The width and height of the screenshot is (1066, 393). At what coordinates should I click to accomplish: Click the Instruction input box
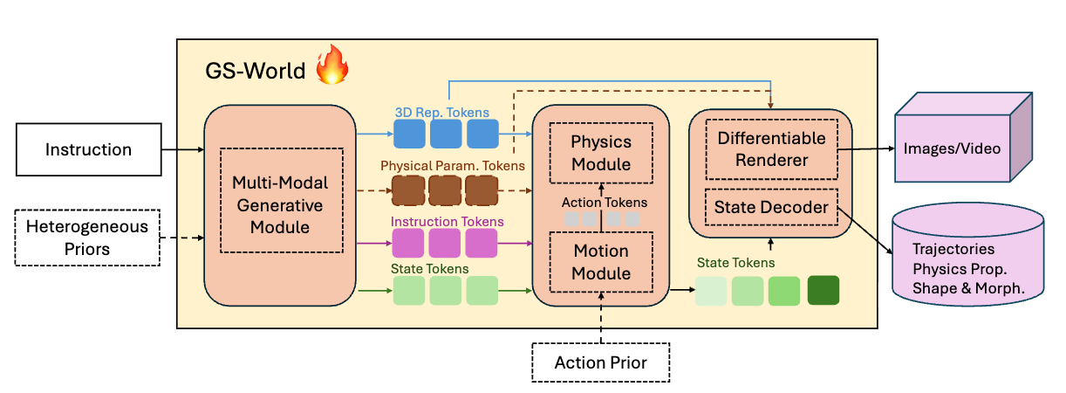pyautogui.click(x=88, y=149)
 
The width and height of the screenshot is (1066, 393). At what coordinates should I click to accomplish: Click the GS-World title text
pyautogui.click(x=256, y=70)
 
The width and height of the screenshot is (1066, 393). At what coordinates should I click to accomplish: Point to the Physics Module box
pyautogui.click(x=600, y=152)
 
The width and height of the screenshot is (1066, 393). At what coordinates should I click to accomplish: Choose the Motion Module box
pyautogui.click(x=600, y=262)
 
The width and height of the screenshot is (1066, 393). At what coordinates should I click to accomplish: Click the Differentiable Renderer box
pyautogui.click(x=771, y=148)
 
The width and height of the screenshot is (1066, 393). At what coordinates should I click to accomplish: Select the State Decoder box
pyautogui.click(x=771, y=207)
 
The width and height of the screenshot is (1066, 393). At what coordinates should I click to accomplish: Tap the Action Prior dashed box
pyautogui.click(x=601, y=362)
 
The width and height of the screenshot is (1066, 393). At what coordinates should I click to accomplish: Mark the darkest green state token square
pyautogui.click(x=823, y=290)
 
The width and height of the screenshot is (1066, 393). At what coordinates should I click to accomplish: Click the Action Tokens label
pyautogui.click(x=605, y=203)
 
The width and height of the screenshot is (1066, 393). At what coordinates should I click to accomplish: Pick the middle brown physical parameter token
pyautogui.click(x=445, y=190)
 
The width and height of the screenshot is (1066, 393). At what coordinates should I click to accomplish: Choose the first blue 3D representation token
pyautogui.click(x=408, y=134)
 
